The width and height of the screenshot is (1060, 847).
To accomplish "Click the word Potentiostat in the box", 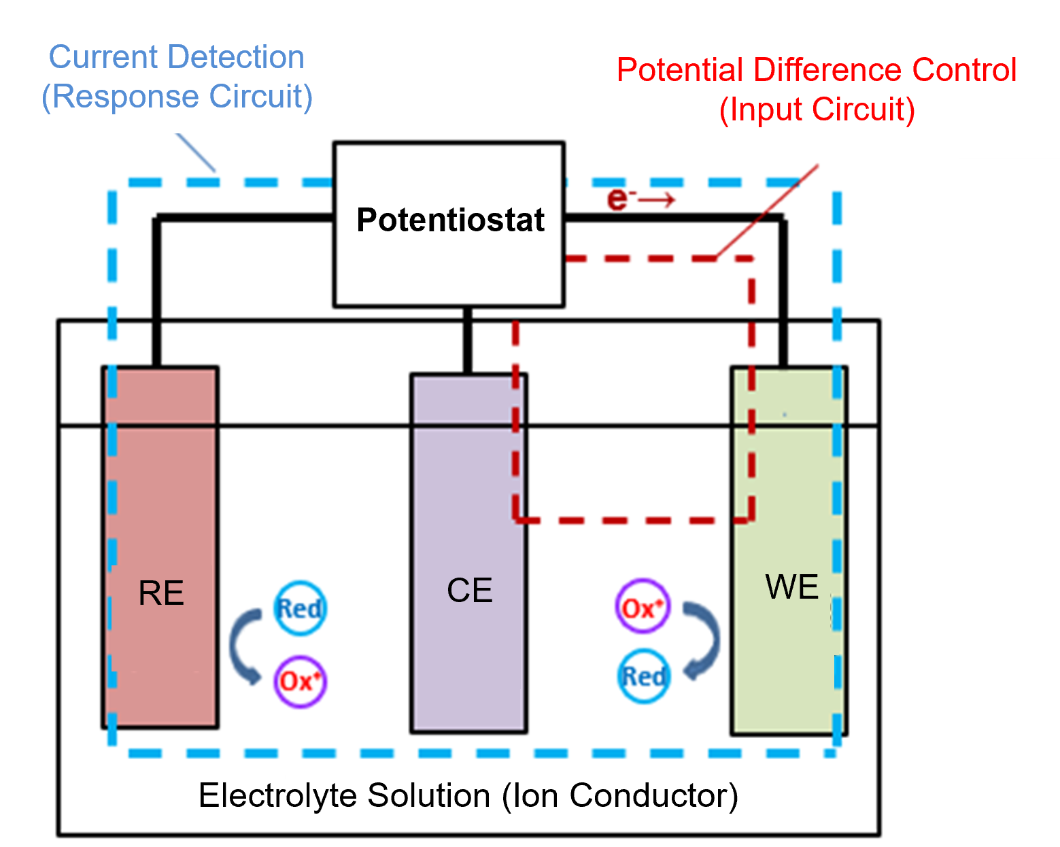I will pyautogui.click(x=450, y=220).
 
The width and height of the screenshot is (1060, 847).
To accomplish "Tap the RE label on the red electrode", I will pyautogui.click(x=161, y=593).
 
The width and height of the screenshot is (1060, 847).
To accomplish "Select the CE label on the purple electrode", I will pyautogui.click(x=469, y=591).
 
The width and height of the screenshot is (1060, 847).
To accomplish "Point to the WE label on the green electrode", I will pyautogui.click(x=791, y=587).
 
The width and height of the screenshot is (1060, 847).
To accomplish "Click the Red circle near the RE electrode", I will pyautogui.click(x=300, y=608).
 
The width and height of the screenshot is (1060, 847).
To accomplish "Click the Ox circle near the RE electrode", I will pyautogui.click(x=300, y=681).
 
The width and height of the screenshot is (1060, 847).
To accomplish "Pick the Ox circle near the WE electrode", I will pyautogui.click(x=642, y=607).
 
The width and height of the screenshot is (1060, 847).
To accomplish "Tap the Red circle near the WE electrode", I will pyautogui.click(x=643, y=676).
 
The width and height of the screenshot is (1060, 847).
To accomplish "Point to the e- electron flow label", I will pyautogui.click(x=639, y=199).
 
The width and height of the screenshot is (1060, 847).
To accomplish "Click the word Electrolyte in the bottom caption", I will pyautogui.click(x=277, y=795).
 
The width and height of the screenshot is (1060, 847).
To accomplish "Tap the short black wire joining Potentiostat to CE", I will pyautogui.click(x=467, y=339).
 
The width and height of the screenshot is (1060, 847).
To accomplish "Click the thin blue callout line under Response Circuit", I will pyautogui.click(x=196, y=152).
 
